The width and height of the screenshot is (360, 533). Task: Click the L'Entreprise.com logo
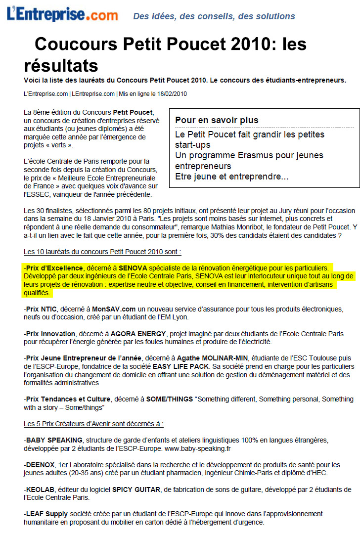pos(62,14)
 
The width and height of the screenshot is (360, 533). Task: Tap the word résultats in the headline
pos(61,65)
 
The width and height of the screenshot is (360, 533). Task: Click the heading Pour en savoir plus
pos(217,120)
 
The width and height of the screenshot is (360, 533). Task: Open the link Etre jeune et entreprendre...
pos(231,177)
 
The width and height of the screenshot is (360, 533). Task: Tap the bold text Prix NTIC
pos(42,309)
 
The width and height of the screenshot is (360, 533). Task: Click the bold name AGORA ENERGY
pos(139,333)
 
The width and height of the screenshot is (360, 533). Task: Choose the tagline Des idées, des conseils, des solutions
pos(214,16)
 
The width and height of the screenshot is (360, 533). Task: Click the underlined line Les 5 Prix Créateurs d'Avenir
pos(93,424)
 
